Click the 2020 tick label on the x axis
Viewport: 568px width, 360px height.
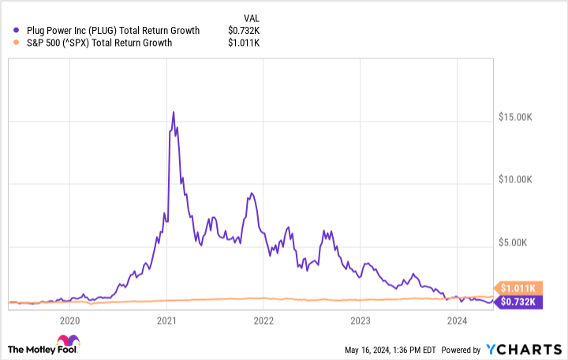tap(69, 321)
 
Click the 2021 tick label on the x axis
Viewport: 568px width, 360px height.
tap(166, 321)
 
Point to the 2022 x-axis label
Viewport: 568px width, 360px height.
tap(263, 321)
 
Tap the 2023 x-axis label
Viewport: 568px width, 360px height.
tap(360, 321)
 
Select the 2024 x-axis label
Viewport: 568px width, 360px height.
tap(457, 321)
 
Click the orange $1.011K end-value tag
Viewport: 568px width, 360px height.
tap(516, 287)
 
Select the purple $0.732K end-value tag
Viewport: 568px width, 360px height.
tap(516, 302)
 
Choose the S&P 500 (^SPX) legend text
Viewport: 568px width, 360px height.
tap(92, 42)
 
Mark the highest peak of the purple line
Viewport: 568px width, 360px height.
tap(174, 112)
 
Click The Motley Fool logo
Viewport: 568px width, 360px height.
tap(43, 349)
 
